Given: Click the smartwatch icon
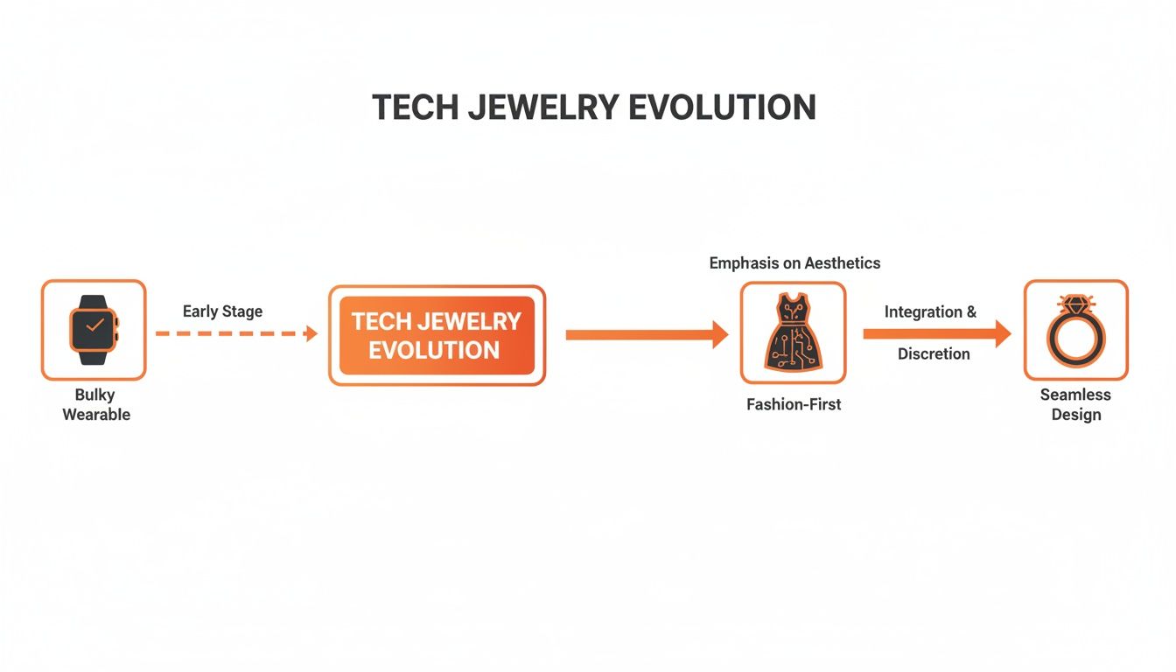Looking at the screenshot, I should (x=94, y=330).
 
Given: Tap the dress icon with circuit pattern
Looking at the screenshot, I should (x=793, y=332).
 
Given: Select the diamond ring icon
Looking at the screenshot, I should (x=1075, y=331).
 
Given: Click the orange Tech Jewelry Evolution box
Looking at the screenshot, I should (x=437, y=335).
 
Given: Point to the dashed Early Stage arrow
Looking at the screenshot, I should (x=236, y=333).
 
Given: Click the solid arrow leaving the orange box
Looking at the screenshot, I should (x=647, y=334).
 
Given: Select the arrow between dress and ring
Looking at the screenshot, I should (x=936, y=333).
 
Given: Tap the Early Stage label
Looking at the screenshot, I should (x=222, y=311).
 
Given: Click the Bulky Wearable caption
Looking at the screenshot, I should (x=95, y=405).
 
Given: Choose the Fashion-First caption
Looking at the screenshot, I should (x=794, y=405).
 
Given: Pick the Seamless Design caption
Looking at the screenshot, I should (x=1075, y=405).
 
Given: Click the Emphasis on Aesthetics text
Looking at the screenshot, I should (x=794, y=262).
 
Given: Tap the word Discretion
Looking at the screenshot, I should (x=934, y=353).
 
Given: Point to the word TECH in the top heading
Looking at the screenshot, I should (x=415, y=107).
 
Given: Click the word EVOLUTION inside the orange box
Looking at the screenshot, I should (x=434, y=350).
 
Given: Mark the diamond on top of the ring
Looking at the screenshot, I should (x=1075, y=304).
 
